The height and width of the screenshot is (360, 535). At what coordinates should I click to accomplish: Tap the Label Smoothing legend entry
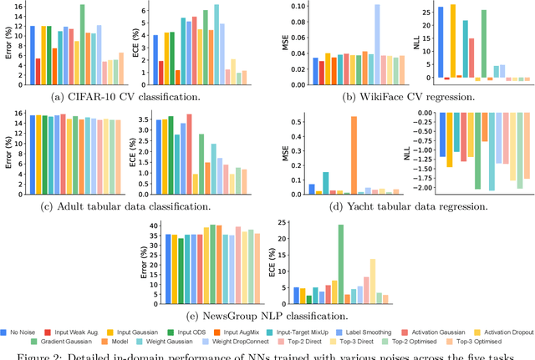point(369,331)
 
